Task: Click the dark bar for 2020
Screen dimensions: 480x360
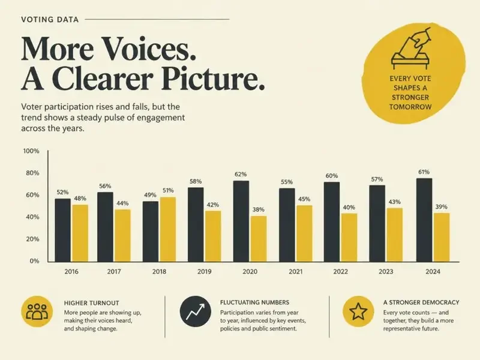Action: pos(241,221)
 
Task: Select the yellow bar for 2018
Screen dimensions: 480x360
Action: pos(168,229)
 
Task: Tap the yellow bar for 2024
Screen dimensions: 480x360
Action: pos(442,237)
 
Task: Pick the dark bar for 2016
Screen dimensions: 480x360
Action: pos(63,230)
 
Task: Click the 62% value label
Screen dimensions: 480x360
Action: pos(241,174)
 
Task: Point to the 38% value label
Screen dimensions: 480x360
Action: pos(259,209)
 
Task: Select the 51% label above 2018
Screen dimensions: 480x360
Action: pos(168,190)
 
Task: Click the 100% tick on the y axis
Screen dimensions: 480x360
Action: pos(31,151)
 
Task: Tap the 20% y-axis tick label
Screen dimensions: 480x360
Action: pos(32,239)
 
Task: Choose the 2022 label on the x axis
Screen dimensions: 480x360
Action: pos(340,272)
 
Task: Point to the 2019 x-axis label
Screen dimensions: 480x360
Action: pos(204,272)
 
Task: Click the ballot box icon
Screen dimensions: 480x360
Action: pos(411,49)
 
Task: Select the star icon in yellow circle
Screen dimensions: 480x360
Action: pos(358,311)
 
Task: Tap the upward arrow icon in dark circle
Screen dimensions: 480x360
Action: pos(196,311)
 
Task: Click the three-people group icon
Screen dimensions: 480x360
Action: pos(37,311)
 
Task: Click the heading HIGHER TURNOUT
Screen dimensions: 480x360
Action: pos(91,303)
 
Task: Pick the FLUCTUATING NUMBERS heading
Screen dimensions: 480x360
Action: pos(254,302)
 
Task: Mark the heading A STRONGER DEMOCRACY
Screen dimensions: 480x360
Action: pos(421,302)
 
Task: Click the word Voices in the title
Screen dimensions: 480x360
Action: pos(148,49)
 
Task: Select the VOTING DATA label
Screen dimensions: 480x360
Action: pos(50,20)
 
